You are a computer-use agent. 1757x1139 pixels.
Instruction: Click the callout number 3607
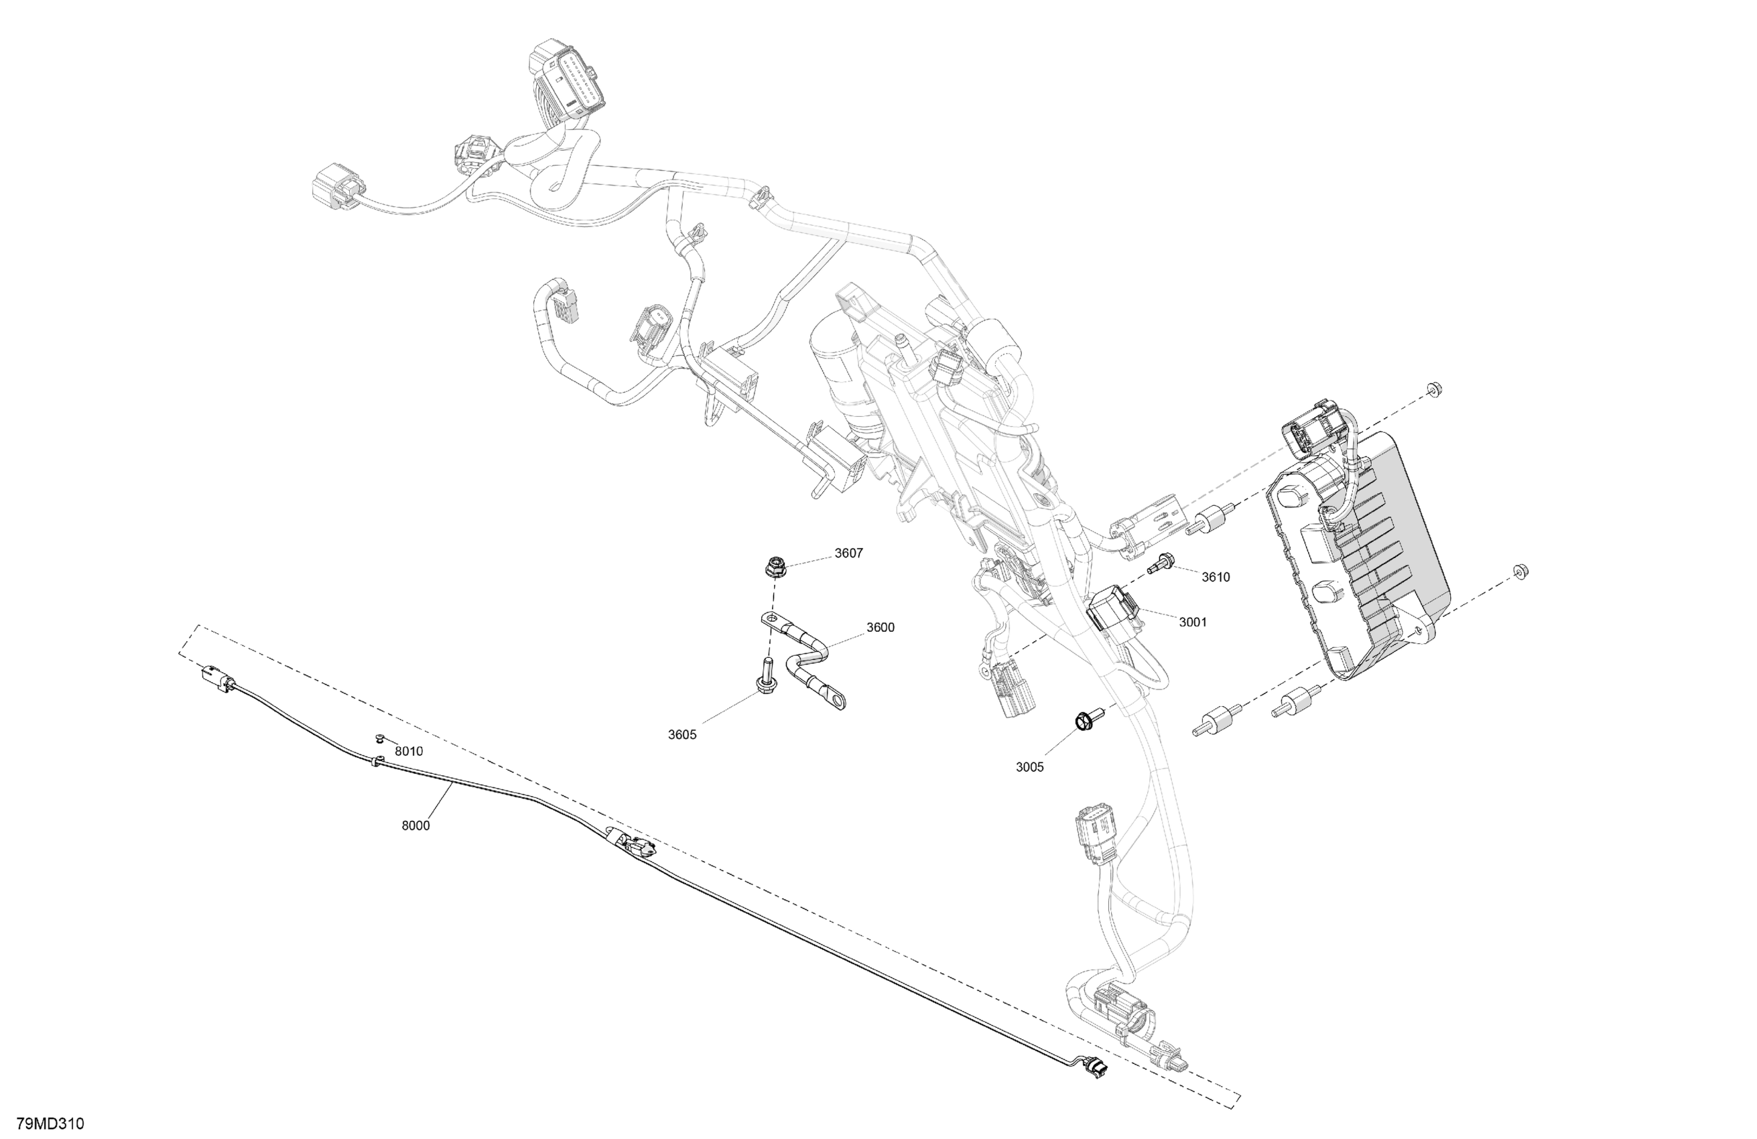click(x=848, y=553)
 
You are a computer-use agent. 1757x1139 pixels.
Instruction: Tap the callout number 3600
click(x=880, y=627)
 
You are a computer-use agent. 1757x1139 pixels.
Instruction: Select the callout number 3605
click(x=682, y=734)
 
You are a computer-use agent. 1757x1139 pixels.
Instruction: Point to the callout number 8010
click(x=408, y=752)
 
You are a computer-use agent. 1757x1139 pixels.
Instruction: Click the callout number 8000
click(x=415, y=825)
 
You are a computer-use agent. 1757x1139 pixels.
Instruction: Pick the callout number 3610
click(x=1216, y=578)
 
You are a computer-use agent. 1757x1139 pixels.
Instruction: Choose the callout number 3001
click(x=1192, y=622)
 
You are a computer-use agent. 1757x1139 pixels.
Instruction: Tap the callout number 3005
click(x=1030, y=767)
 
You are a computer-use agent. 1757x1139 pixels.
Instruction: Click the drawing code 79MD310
click(x=50, y=1124)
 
